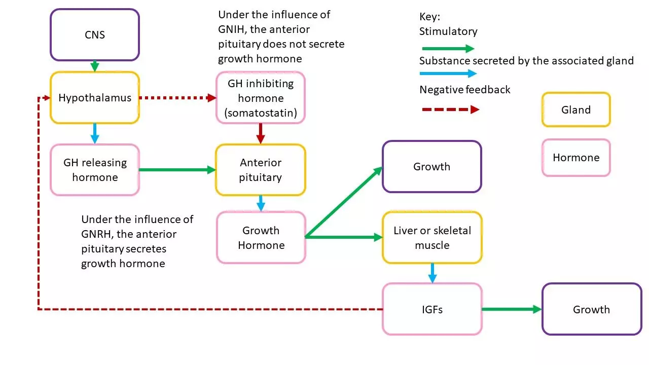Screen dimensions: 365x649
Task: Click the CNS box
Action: (94, 35)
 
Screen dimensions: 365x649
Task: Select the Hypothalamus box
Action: (94, 98)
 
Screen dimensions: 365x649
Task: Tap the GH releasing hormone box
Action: (94, 170)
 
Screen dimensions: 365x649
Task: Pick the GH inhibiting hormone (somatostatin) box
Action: (261, 98)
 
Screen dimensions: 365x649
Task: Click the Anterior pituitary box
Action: (261, 170)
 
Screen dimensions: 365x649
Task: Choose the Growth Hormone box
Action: (261, 238)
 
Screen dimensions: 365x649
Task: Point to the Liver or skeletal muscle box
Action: (432, 238)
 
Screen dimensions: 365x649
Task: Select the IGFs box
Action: (432, 309)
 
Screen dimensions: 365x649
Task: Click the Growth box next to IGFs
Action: (591, 309)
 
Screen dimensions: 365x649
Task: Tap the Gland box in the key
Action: (576, 109)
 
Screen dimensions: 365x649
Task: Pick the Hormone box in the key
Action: (576, 158)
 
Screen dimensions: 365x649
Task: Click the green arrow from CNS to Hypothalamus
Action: (94, 66)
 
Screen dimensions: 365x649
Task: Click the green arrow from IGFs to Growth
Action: (512, 309)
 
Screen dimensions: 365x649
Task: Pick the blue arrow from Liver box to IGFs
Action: (432, 273)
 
